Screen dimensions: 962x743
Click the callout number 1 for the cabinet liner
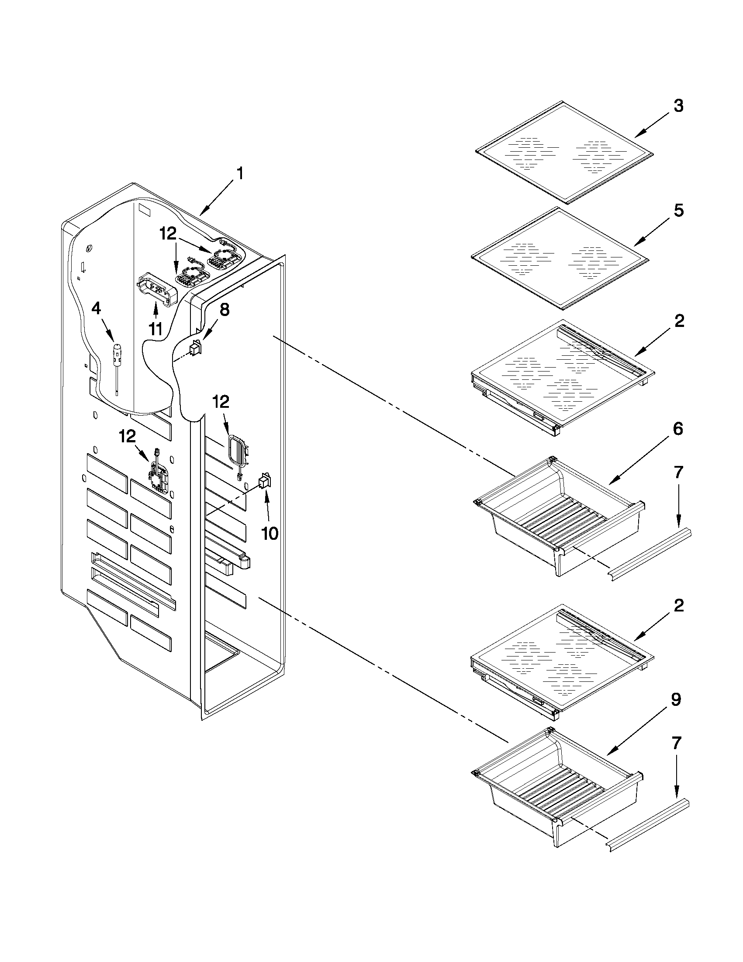click(239, 174)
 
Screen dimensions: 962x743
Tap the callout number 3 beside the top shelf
click(678, 106)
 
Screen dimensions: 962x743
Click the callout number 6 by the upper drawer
click(678, 429)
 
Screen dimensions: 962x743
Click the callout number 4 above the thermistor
click(96, 309)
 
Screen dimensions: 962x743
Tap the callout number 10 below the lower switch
click(270, 533)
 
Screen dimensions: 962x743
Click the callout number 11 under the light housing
click(156, 329)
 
